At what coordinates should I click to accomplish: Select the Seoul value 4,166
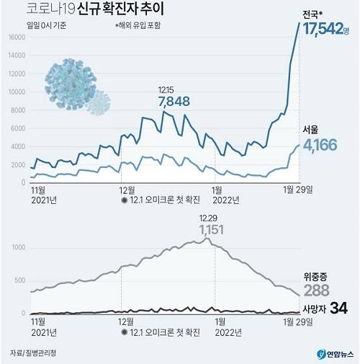coord(326,146)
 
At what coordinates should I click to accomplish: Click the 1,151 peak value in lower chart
coord(208,229)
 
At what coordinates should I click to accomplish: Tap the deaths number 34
coord(339,308)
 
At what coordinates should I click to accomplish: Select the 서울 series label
coord(311,130)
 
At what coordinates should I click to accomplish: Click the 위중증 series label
coord(318,275)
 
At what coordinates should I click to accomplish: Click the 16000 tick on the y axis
coord(17,36)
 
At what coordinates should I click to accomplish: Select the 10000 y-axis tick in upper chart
coord(17,92)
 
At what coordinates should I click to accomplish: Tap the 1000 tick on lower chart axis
coord(18,246)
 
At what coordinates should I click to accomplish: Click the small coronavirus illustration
coord(98,103)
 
